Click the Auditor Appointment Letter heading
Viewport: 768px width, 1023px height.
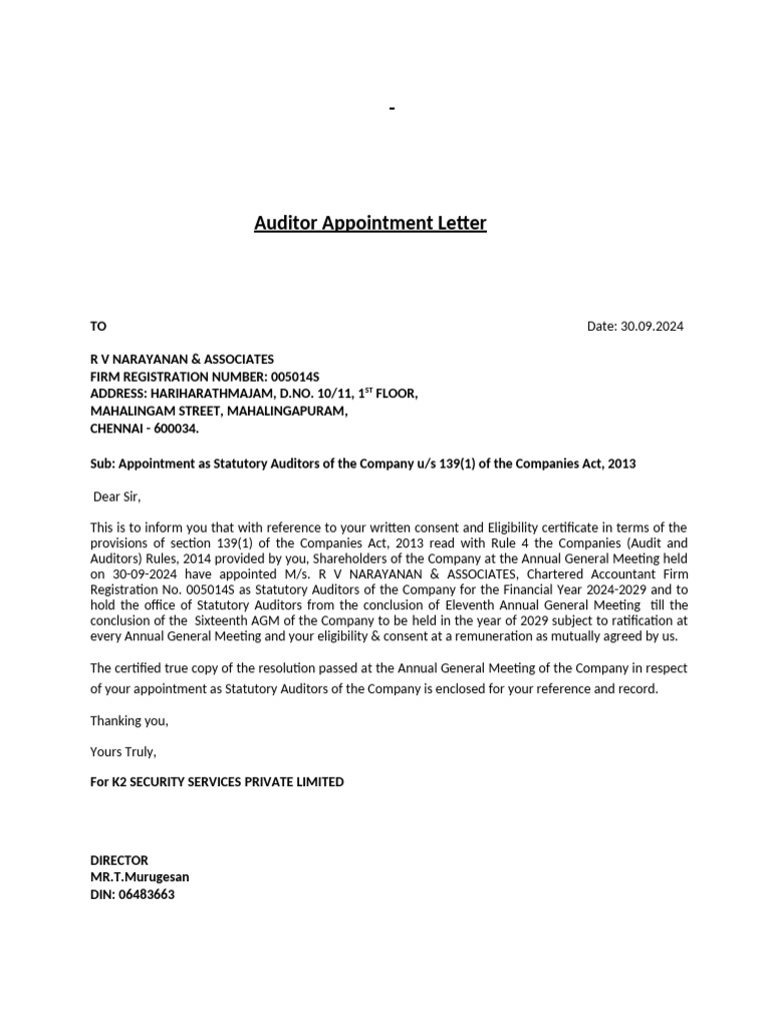coord(370,223)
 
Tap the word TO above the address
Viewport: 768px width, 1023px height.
coord(98,327)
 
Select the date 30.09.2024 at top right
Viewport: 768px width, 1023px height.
coord(652,327)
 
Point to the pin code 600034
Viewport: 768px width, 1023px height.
coord(173,429)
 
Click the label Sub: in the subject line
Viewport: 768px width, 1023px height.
coord(103,464)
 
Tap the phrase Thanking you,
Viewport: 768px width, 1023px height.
coord(129,721)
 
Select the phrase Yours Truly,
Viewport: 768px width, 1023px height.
coord(123,751)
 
